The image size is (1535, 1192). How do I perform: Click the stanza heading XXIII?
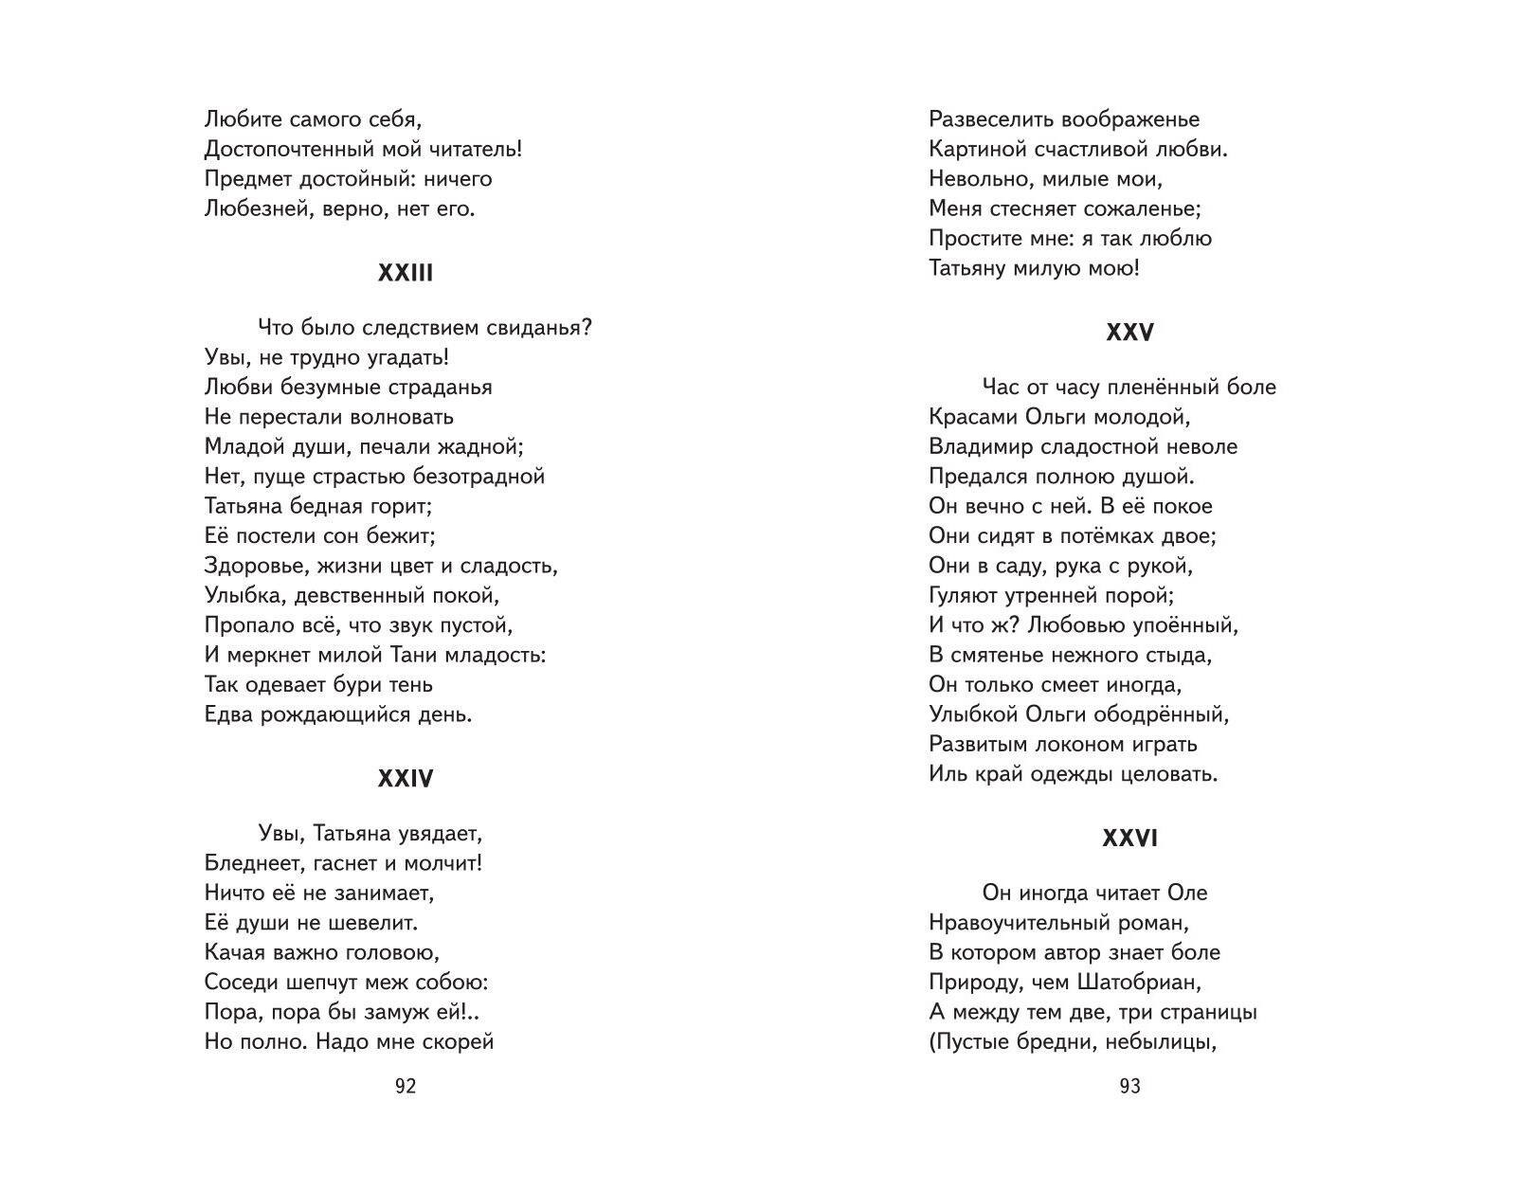point(405,273)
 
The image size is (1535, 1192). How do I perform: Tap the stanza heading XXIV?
point(405,779)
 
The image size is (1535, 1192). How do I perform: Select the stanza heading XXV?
point(1129,333)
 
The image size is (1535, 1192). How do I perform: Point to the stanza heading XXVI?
point(1129,839)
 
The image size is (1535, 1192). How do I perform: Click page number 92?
point(405,1086)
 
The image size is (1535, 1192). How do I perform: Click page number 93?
point(1129,1086)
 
